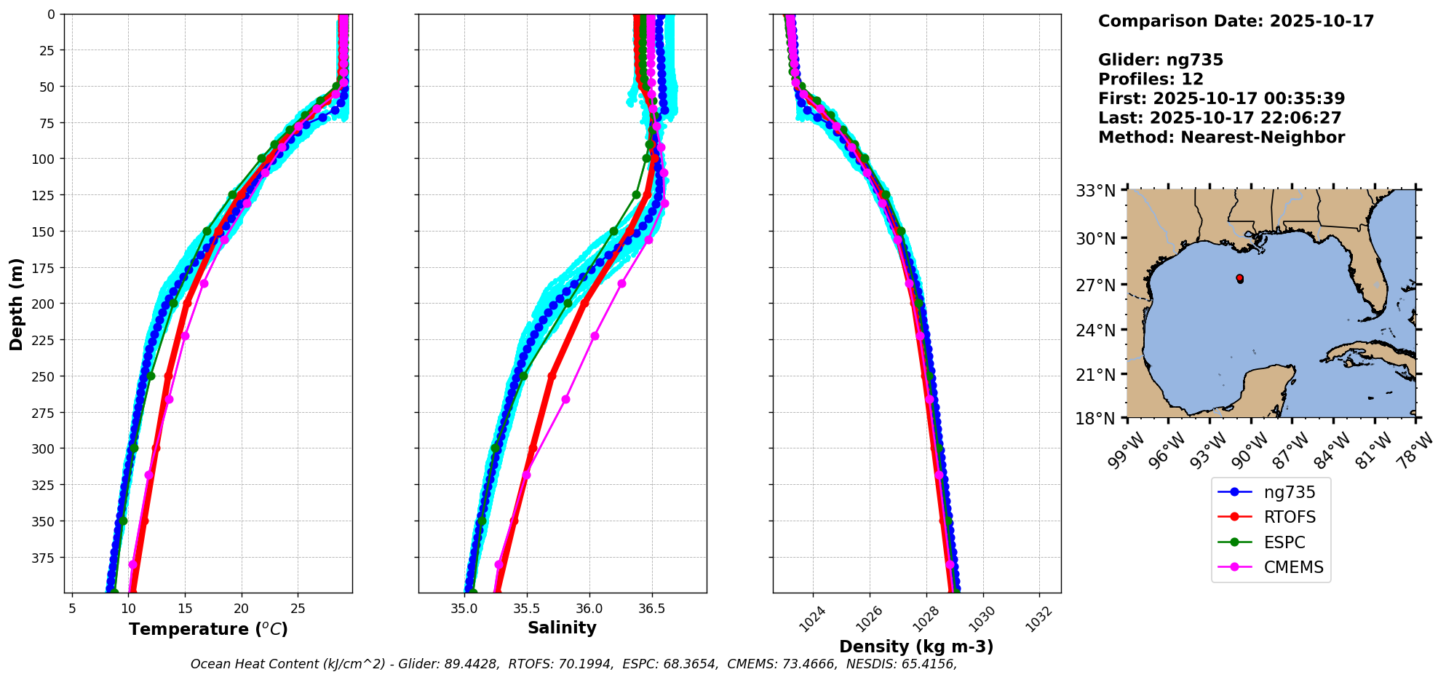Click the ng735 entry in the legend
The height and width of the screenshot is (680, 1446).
point(1289,492)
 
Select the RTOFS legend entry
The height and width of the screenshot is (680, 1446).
point(1289,518)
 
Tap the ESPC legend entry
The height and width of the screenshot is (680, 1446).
point(1284,542)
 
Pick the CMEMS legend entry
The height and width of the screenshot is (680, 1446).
point(1292,568)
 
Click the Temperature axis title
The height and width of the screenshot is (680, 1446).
point(208,629)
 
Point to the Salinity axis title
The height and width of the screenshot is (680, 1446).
point(562,628)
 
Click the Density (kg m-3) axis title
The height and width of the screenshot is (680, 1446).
point(916,647)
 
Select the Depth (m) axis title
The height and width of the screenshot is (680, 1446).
point(16,304)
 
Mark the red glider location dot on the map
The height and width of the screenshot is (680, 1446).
point(1239,278)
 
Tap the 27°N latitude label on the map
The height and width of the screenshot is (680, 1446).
point(1095,285)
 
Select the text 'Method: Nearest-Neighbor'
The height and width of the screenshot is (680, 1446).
point(1221,138)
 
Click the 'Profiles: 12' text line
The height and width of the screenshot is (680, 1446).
point(1151,79)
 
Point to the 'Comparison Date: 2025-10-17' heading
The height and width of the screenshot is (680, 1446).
point(1236,21)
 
